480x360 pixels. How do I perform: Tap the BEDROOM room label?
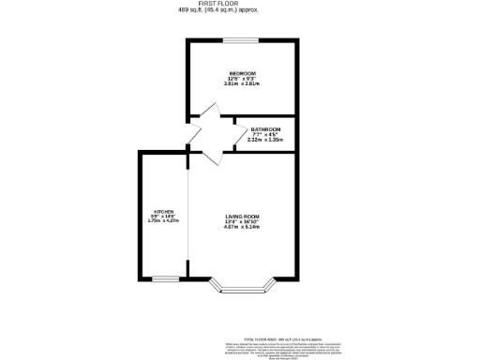[242, 73]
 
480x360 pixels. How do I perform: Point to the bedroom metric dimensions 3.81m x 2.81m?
[242, 84]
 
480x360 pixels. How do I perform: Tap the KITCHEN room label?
[164, 211]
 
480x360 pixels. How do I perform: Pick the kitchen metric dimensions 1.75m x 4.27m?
[164, 221]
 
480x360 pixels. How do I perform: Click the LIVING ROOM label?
[241, 216]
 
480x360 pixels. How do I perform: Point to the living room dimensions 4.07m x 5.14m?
[241, 227]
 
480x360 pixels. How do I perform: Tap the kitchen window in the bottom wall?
[166, 277]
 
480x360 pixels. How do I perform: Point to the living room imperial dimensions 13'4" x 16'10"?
[241, 221]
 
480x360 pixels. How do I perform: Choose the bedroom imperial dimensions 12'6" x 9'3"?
[242, 79]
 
